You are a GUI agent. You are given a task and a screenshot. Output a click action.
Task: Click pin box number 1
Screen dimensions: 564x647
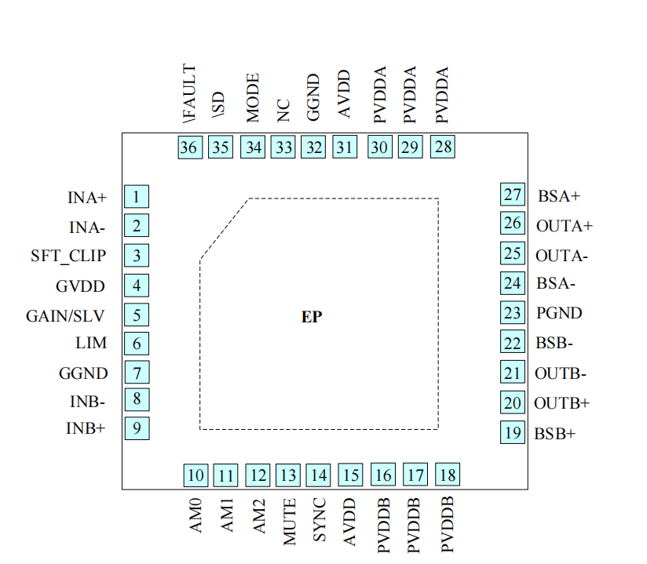[137, 197]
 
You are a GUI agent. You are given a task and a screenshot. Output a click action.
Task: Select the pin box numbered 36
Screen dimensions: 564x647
[188, 147]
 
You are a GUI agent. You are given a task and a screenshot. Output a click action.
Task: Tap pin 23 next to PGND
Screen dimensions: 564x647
[513, 313]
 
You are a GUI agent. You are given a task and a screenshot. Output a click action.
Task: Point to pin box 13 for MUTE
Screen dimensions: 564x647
[288, 475]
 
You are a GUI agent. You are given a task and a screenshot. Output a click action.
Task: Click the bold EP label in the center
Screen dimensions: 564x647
[312, 318]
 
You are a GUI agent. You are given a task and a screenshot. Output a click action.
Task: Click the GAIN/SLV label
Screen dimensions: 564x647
[65, 316]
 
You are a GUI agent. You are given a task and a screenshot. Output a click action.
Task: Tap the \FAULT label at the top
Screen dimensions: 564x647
[188, 96]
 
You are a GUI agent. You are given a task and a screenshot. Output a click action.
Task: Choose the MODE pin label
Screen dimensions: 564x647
[253, 98]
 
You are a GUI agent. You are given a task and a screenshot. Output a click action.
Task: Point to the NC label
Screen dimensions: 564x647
[284, 110]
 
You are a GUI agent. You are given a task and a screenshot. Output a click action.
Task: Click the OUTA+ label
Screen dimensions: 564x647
[564, 226]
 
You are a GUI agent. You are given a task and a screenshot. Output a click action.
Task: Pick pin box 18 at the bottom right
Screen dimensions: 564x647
[448, 475]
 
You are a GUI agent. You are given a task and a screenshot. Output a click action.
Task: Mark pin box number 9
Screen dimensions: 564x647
[137, 429]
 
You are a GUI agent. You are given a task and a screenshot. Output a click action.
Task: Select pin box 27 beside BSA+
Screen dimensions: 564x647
[513, 195]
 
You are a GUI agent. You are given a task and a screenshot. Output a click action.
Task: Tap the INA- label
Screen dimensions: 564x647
[87, 227]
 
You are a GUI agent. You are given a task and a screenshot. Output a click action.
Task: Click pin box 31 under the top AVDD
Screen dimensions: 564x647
[344, 147]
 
